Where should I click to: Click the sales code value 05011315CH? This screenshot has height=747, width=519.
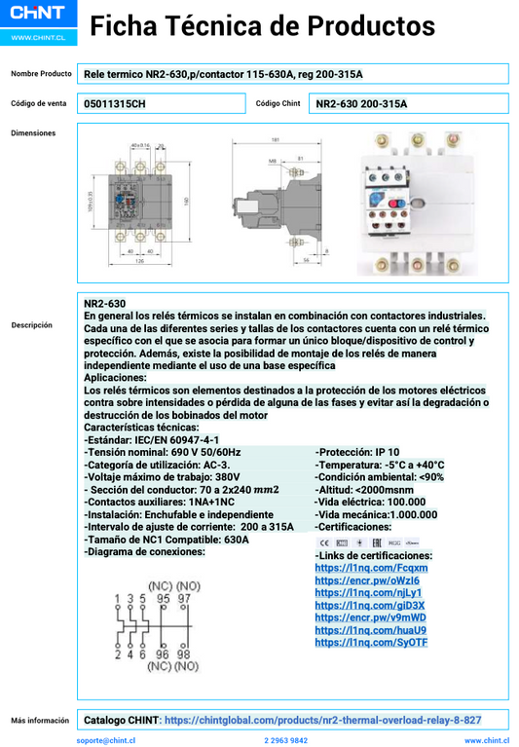(114, 103)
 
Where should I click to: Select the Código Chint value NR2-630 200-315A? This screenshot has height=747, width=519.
(362, 103)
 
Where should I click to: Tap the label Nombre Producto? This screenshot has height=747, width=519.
(42, 74)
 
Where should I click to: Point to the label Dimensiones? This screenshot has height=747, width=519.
(32, 133)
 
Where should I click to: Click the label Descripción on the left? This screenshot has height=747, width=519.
(32, 325)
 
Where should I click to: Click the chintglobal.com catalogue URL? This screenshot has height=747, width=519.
(322, 721)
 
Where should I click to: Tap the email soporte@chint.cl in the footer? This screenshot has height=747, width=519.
(106, 740)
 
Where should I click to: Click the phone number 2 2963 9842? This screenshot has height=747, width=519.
(285, 740)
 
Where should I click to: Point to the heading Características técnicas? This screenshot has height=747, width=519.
(141, 428)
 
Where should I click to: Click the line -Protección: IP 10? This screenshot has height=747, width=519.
(356, 453)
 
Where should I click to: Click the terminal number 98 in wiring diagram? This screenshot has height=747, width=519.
(183, 654)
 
